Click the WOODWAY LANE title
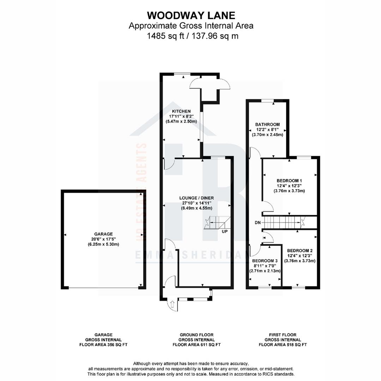[190, 16]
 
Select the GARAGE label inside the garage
[103, 234]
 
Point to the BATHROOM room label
[267, 125]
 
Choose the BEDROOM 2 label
[300, 250]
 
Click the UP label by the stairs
[225, 232]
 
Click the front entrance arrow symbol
[173, 304]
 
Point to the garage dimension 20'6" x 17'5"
[103, 239]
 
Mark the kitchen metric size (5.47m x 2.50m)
[181, 121]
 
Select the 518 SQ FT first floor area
[298, 345]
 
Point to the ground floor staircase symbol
[216, 223]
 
